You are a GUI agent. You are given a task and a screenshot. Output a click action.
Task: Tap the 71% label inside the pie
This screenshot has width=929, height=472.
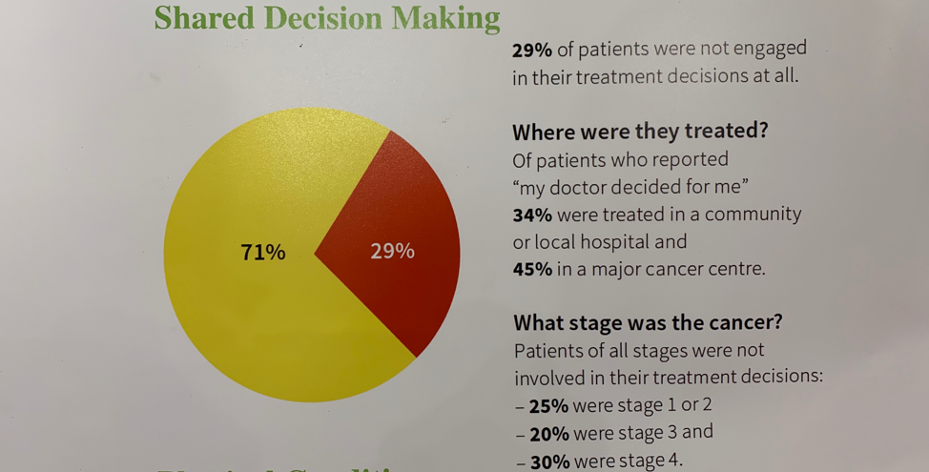coord(262,253)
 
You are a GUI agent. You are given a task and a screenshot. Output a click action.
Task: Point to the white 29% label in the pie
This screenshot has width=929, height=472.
coord(392,252)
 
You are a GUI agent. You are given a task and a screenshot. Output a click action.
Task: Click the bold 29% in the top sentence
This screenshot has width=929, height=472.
coord(532,50)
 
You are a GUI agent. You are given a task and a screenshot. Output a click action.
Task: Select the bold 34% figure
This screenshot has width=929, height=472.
coord(532,215)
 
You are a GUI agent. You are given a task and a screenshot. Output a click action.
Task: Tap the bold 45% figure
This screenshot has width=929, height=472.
coord(532,269)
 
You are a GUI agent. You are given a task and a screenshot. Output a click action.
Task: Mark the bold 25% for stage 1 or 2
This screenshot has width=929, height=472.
coord(548,405)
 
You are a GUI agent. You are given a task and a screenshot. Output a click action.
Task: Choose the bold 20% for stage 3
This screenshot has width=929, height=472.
coord(548,433)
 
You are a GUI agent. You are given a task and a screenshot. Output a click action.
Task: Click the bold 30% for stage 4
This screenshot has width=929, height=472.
coord(548,460)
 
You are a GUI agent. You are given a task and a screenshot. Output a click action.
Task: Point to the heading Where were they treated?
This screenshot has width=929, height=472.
coord(640,132)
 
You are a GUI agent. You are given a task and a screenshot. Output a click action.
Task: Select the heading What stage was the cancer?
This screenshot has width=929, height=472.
coord(648,322)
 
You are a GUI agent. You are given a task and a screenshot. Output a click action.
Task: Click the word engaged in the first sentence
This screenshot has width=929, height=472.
coord(770,49)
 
